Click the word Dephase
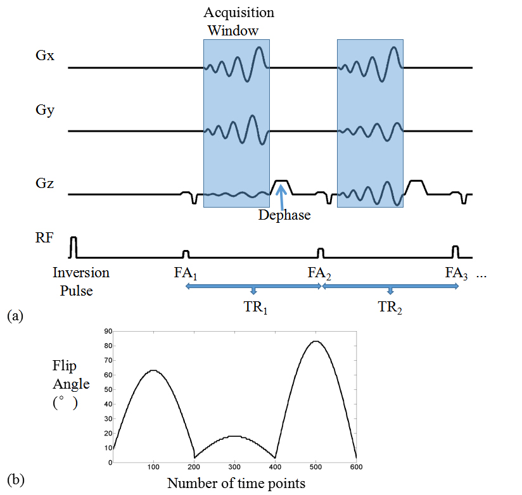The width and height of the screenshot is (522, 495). point(284,215)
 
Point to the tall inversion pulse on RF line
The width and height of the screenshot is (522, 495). point(73,247)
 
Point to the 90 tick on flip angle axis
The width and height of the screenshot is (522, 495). point(107,331)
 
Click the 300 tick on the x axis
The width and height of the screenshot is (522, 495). point(234,467)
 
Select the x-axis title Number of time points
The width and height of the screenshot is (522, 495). point(236,483)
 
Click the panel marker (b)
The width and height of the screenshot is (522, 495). point(15,480)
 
